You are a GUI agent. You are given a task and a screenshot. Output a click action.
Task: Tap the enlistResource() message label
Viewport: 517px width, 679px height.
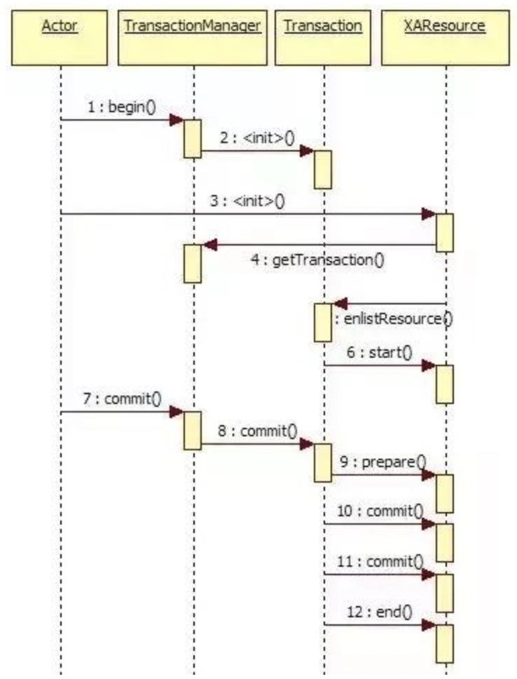(393, 319)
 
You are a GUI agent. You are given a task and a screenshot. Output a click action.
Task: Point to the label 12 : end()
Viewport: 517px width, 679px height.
(379, 612)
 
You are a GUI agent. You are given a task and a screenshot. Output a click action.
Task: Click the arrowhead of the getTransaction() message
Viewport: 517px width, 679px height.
(209, 245)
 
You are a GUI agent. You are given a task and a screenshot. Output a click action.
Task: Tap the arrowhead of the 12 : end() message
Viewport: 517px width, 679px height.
(428, 625)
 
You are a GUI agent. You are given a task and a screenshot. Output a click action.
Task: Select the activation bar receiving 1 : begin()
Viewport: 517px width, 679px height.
(193, 138)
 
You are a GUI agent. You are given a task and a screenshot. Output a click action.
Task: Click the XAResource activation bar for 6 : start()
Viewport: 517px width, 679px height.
(445, 384)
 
